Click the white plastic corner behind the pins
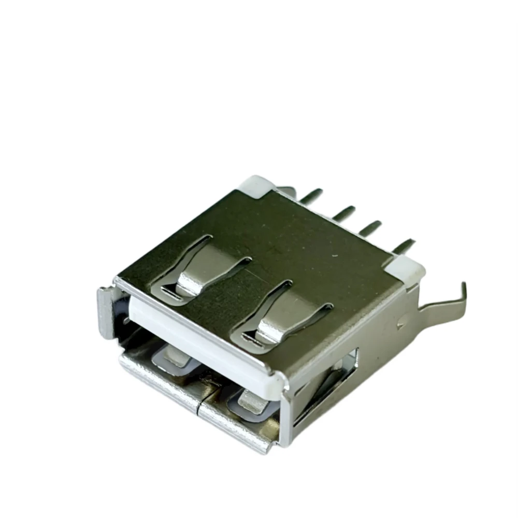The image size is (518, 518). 257,184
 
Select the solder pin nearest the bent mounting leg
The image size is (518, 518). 403,246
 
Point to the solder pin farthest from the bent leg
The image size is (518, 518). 311,196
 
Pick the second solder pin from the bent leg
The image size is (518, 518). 371,228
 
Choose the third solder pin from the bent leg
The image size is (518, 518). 344,212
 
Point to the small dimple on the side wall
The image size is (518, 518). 400,325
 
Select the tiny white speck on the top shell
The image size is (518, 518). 334,255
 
